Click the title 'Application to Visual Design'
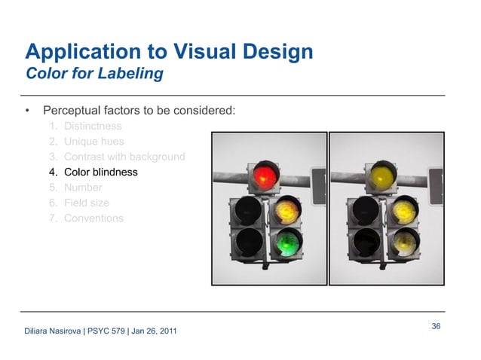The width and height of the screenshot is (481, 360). coord(169,52)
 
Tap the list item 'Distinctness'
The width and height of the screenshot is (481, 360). coord(93,126)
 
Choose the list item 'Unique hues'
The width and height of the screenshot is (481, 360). coord(94,141)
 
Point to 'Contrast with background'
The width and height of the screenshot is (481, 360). coord(124,157)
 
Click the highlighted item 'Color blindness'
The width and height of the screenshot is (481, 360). coord(101,172)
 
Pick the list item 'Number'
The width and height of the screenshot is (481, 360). coord(83,188)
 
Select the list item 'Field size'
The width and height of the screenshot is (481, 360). coord(87,203)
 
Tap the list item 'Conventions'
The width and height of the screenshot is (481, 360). coord(93,218)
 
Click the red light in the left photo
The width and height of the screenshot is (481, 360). coord(263,176)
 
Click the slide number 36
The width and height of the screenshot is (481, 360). coord(436,325)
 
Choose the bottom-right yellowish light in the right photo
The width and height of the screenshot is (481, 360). coord(404,243)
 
